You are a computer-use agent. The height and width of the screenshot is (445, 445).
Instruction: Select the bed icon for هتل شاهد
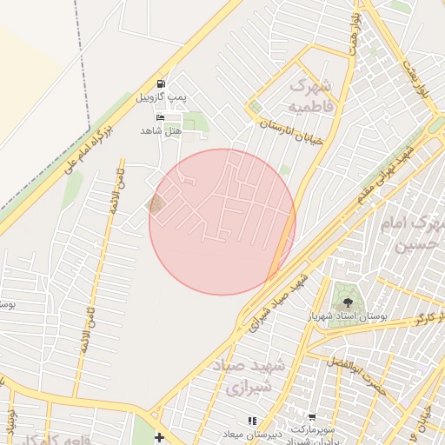159,117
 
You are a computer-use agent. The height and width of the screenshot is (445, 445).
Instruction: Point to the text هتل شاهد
161,130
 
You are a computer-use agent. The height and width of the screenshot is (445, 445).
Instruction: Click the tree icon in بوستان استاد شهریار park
349,302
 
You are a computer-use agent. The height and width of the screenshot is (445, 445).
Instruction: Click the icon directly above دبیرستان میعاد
253,422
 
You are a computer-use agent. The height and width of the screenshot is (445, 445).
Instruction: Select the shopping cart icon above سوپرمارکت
311,418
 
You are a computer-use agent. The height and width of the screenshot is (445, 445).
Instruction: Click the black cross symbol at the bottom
159,436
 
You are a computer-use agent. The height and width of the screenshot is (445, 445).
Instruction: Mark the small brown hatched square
156,204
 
